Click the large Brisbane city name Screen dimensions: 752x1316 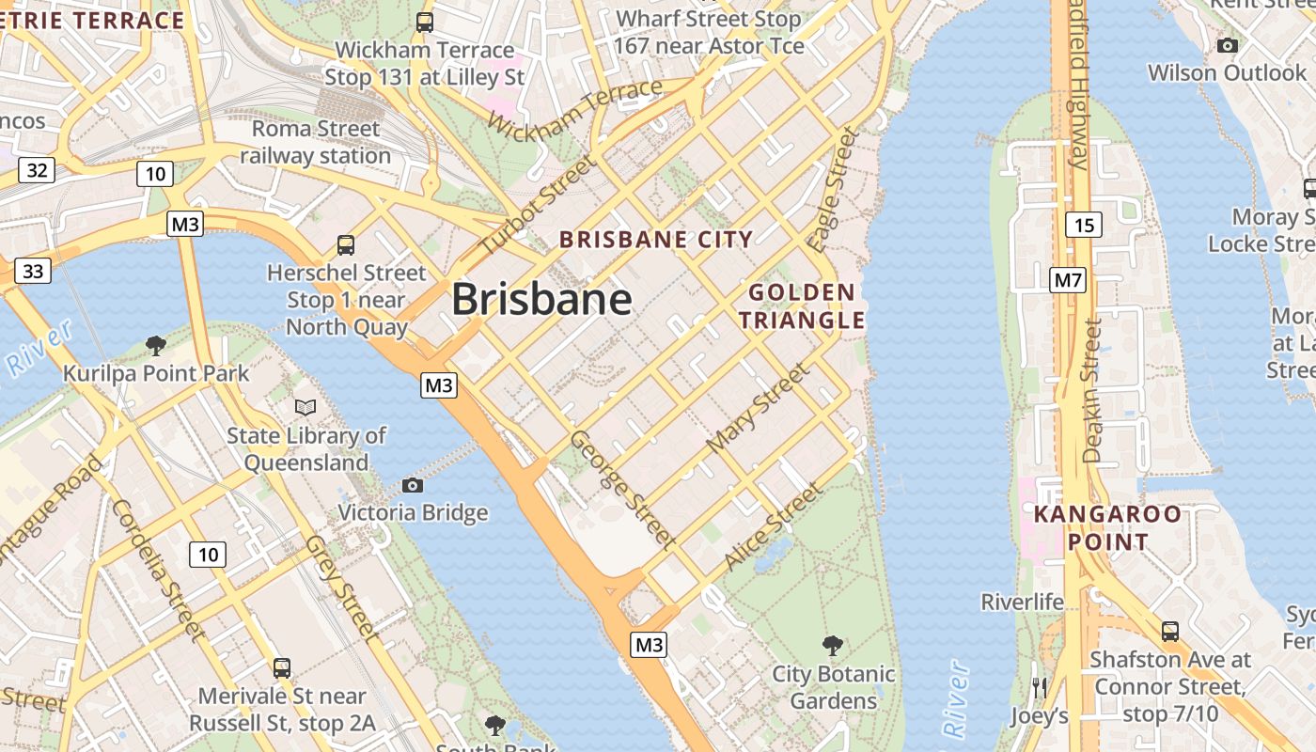(x=541, y=300)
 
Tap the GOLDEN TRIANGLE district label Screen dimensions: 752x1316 (x=801, y=305)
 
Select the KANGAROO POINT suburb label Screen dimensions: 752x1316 (x=1107, y=528)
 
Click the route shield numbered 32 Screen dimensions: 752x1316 (x=37, y=170)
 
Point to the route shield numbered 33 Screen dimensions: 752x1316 (x=33, y=271)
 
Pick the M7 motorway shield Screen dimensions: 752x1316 (x=1068, y=279)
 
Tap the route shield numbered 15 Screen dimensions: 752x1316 (x=1084, y=225)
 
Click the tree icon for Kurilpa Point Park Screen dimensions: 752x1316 (x=156, y=346)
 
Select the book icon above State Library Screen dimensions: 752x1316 (x=305, y=407)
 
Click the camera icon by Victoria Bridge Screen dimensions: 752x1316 (x=412, y=485)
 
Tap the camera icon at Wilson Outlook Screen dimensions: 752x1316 (x=1227, y=45)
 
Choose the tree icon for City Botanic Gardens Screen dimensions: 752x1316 (x=832, y=645)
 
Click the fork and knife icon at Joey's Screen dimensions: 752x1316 (x=1039, y=687)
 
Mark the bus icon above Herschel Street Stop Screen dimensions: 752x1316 (x=346, y=245)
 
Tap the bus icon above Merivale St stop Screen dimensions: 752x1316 (x=281, y=668)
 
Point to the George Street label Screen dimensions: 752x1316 (x=621, y=489)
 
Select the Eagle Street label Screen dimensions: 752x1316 (x=834, y=190)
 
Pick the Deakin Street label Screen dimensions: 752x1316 (x=1091, y=390)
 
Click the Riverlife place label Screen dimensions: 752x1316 (x=1022, y=602)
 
